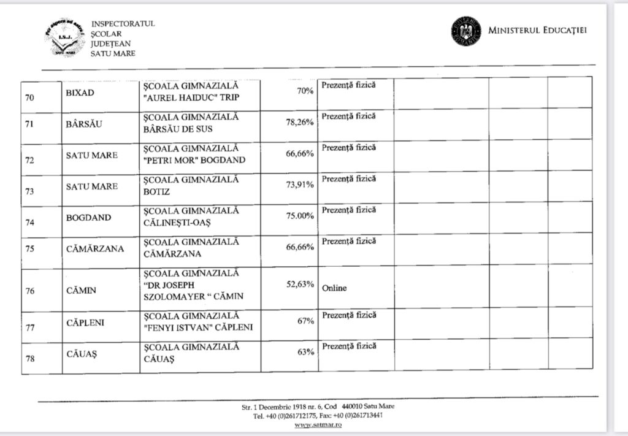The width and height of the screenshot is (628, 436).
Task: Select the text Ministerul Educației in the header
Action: coord(537,31)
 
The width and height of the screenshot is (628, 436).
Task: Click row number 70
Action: coord(29,98)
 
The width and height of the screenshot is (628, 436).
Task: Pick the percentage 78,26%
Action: coord(300,122)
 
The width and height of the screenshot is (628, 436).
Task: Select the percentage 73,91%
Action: coord(300,185)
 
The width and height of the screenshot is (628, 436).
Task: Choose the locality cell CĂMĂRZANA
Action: coord(95,248)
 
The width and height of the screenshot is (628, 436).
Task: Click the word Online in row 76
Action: coord(334,288)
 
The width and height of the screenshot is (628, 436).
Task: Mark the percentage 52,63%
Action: coord(300,284)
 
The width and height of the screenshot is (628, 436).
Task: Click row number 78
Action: coord(29,358)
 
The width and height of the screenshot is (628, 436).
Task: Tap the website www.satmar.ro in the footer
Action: coord(318,424)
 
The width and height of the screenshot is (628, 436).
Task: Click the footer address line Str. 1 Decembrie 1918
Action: coord(318,407)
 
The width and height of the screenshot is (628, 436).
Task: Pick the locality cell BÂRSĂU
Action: coord(83,124)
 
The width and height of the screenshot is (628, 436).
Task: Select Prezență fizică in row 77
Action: coord(348,315)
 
